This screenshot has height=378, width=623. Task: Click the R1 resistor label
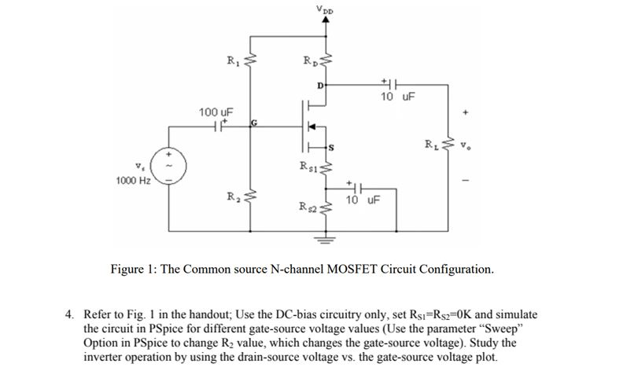point(231,59)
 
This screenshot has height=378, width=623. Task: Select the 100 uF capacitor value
point(212,113)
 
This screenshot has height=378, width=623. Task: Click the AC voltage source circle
point(167,167)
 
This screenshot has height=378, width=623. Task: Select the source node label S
point(331,147)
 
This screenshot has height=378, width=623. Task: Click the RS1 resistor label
point(308,166)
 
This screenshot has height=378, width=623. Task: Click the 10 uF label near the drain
point(396,97)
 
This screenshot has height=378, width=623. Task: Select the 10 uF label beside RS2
point(363,200)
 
